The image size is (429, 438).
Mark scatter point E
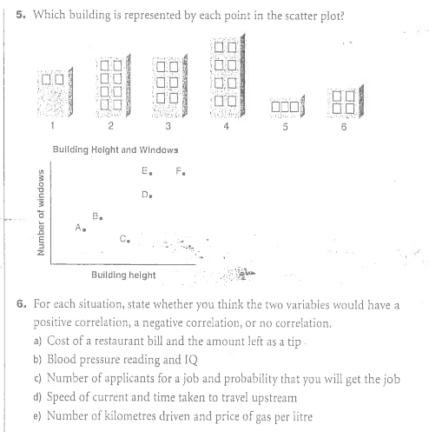pyautogui.click(x=151, y=173)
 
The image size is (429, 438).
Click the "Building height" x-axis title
pyautogui.click(x=123, y=275)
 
